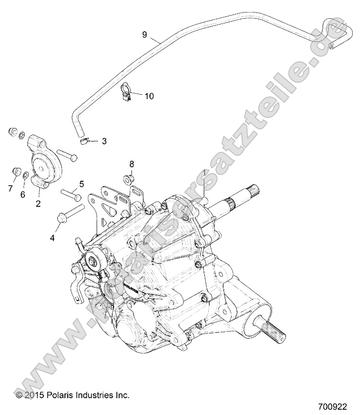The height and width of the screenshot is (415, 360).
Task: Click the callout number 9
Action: click(144, 34)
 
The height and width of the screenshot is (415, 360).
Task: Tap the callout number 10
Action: click(149, 96)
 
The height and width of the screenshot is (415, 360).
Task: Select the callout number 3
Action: click(104, 141)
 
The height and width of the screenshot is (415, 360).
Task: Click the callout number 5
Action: click(81, 183)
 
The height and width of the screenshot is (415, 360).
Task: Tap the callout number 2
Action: click(37, 203)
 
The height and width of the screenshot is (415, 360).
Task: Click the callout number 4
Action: click(53, 237)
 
